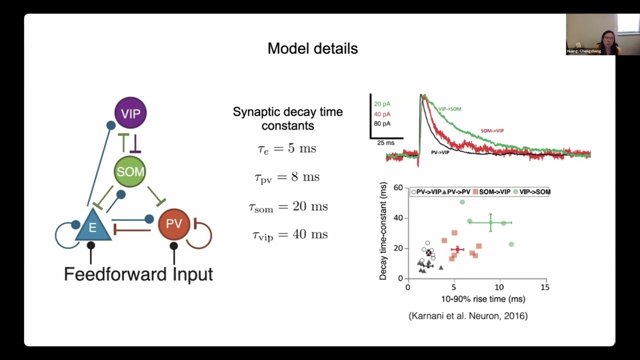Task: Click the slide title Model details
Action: tap(312, 48)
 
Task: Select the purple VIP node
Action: tap(130, 113)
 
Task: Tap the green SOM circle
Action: tap(130, 171)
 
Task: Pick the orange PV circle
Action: tap(174, 224)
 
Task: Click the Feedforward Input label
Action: tap(138, 274)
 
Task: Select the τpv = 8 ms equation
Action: tap(286, 177)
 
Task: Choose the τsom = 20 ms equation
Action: tap(288, 206)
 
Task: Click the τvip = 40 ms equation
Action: tap(289, 234)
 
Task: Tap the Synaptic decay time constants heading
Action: tap(287, 118)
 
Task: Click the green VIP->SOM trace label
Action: tap(449, 108)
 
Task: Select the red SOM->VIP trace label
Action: tap(492, 130)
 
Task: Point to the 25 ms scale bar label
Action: tap(385, 143)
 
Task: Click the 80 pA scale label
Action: tap(382, 123)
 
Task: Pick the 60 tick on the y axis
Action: tap(398, 187)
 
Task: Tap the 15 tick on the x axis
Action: tap(544, 287)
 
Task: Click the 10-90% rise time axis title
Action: tap(482, 299)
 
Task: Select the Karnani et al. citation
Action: tap(468, 315)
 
